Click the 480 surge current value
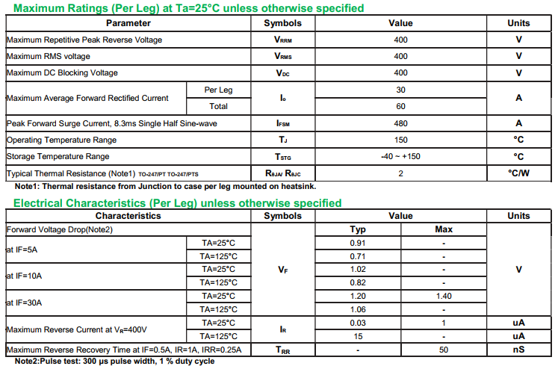coord(400,123)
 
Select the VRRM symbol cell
coord(283,40)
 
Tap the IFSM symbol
coord(283,123)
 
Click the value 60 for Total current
coord(400,106)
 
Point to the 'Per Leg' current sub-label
coord(218,90)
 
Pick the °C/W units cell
coord(518,173)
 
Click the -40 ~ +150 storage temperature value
coord(400,156)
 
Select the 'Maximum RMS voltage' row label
coord(49,56)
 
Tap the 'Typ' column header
coord(358,229)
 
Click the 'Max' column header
coord(444,229)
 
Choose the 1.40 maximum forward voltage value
coord(444,296)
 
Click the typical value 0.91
coord(358,243)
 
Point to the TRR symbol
coord(283,350)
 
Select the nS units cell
coord(518,350)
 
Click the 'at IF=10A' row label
coord(24,276)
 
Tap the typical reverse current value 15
coord(358,336)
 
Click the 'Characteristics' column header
coord(128,216)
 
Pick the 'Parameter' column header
coord(128,23)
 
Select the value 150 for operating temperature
coord(400,140)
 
